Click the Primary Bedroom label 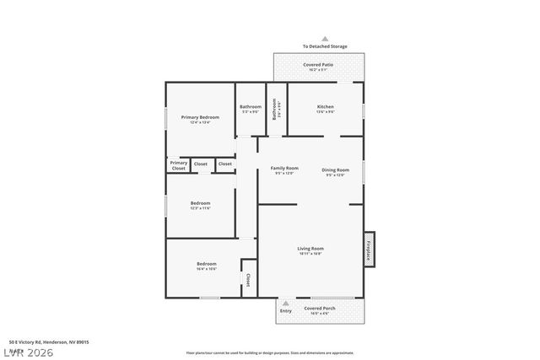[x=194, y=117]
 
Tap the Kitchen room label [x=326, y=107]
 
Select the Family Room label [x=284, y=169]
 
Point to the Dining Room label [x=335, y=170]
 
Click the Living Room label [x=310, y=249]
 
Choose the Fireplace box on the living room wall [x=369, y=250]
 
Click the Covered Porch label [x=320, y=309]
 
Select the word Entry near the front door [x=285, y=310]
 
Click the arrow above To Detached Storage [x=325, y=38]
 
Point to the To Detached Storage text [x=325, y=46]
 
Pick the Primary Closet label [x=178, y=165]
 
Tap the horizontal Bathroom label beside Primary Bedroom [x=251, y=107]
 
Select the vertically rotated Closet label [x=247, y=279]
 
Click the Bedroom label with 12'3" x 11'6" [x=200, y=203]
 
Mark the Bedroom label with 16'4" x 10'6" [x=207, y=265]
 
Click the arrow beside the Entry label [x=285, y=302]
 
